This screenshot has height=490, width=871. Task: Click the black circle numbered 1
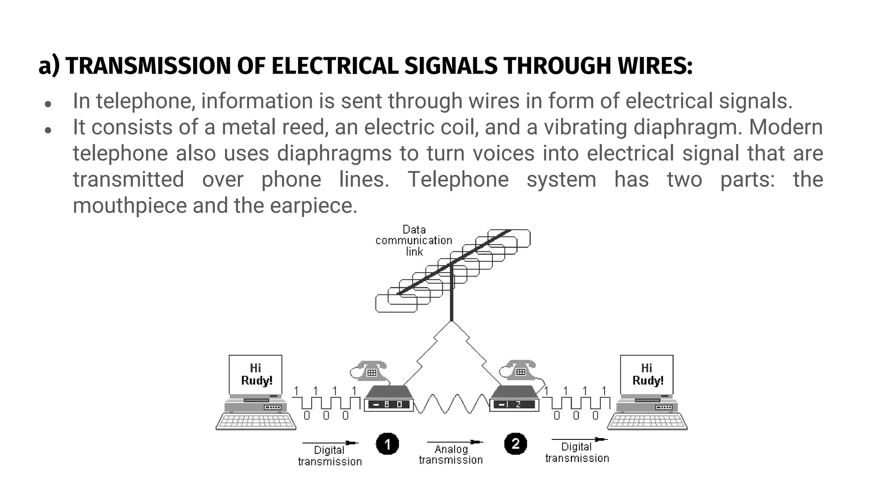pos(387,444)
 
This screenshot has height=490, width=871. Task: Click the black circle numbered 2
pos(515,444)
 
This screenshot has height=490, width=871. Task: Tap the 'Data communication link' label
pos(414,241)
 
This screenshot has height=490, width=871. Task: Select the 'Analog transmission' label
pos(451,455)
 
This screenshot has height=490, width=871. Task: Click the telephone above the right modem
pos(519,370)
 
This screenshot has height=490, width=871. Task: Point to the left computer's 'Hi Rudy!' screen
pos(256,375)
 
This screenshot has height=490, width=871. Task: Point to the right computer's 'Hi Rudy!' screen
pos(647,375)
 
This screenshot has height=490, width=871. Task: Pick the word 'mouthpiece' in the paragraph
pos(129,206)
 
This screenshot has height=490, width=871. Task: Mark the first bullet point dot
pos(48,104)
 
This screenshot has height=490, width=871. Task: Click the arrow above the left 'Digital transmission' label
pos(330,443)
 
